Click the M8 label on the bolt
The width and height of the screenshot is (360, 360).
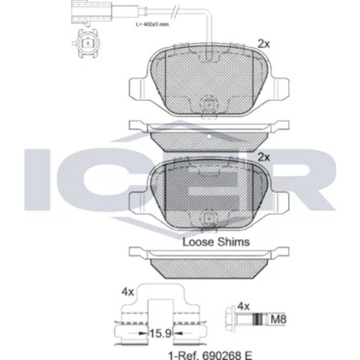[x=279, y=320]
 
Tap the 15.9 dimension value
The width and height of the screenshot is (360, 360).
[x=161, y=333]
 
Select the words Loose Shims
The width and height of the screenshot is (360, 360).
[x=216, y=242]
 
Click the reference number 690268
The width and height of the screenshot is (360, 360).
[x=222, y=355]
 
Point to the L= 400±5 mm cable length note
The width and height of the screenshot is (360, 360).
[x=153, y=24]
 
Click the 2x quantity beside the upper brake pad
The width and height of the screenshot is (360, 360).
[x=264, y=44]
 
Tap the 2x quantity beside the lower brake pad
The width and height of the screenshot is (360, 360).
[x=264, y=158]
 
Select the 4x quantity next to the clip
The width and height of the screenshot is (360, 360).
[x=127, y=292]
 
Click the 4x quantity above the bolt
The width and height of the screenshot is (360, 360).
[x=243, y=307]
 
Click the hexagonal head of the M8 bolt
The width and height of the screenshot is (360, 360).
[x=230, y=319]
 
